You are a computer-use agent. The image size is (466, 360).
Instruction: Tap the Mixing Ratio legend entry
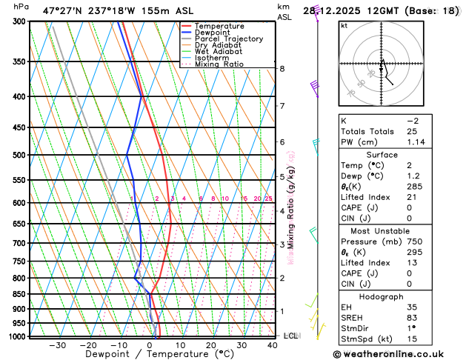(219, 64)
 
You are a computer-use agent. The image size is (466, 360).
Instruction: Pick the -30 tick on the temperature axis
(57, 345)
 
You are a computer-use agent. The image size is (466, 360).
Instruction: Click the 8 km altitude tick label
(282, 69)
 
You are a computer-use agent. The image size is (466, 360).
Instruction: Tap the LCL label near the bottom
(290, 336)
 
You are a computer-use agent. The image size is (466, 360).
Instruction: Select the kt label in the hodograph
(344, 25)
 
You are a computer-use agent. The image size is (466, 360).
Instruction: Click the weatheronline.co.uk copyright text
(397, 353)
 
